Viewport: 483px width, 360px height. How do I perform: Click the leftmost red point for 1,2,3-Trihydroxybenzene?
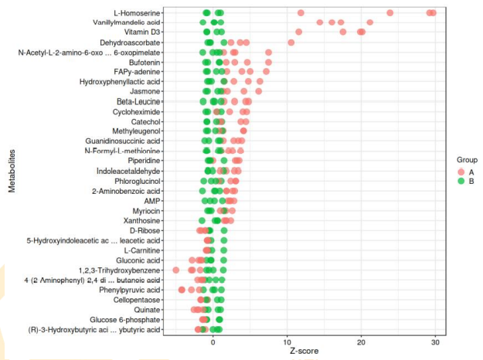pos(175,270)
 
